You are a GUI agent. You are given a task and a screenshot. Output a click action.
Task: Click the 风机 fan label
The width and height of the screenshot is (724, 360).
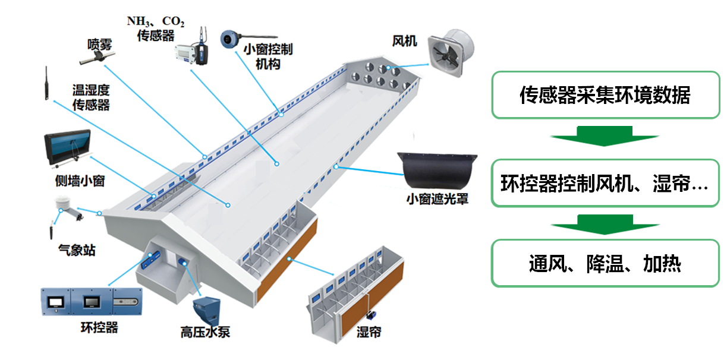tap(405, 41)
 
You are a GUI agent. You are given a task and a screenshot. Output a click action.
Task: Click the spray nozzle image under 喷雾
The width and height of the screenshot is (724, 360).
tap(97, 58)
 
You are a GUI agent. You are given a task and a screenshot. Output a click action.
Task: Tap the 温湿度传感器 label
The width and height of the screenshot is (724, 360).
tap(91, 98)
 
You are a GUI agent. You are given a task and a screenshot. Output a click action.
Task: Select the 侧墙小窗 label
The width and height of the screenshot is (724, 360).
tap(80, 181)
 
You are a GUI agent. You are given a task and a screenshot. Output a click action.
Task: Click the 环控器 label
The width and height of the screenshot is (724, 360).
tap(99, 327)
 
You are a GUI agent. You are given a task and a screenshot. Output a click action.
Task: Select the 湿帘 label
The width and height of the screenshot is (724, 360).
tap(369, 331)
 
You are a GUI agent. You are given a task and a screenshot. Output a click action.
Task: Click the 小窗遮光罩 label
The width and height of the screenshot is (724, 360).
tap(438, 198)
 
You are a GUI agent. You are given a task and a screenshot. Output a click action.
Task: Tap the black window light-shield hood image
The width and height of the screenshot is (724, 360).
tap(437, 169)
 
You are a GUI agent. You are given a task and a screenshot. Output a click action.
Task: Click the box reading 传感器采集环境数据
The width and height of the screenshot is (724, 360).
tap(605, 95)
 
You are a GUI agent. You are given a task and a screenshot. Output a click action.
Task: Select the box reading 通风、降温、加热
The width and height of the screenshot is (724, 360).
tap(605, 263)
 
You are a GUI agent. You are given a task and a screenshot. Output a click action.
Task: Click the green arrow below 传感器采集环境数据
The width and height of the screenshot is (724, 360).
tap(605, 137)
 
